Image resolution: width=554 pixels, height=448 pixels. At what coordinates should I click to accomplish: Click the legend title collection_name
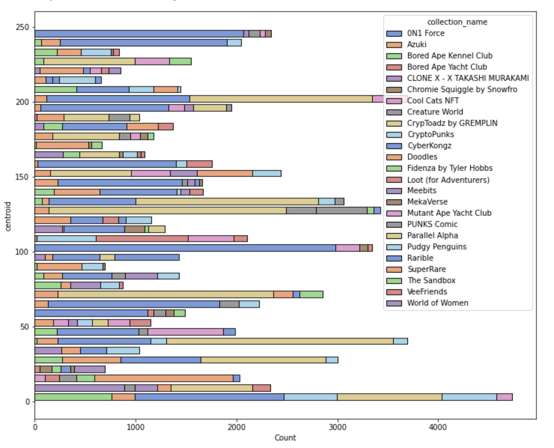pos(457,22)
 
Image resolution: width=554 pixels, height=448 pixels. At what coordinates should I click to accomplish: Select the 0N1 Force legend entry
pos(426,33)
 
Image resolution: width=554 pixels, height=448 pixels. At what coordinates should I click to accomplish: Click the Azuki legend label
pos(417,45)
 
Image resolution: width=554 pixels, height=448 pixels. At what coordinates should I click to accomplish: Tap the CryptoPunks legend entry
pos(430,134)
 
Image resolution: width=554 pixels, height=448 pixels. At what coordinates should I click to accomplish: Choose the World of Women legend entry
pos(437,303)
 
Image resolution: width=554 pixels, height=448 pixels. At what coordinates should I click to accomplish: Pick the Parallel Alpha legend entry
pos(432,236)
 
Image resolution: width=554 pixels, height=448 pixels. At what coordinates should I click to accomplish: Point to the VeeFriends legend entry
pos(427,292)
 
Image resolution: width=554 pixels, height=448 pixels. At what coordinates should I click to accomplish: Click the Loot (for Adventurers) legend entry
pos(448,180)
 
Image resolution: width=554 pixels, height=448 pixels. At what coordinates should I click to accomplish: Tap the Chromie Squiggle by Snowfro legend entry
pos(462,90)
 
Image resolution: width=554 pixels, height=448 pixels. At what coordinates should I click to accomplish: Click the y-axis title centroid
pos(8,217)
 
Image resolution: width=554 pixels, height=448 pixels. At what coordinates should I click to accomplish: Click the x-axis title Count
pos(285,438)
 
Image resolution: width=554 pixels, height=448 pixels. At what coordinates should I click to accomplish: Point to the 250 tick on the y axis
pos(22,27)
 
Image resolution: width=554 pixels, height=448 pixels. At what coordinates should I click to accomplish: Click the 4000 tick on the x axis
pos(438,427)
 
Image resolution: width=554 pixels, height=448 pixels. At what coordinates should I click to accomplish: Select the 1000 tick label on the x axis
pos(136,427)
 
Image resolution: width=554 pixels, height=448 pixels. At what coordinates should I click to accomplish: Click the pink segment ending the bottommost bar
pos(504,397)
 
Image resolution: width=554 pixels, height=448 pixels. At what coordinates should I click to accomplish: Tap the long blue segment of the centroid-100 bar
pos(185,248)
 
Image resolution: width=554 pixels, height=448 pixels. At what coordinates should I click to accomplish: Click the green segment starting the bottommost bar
pos(73,397)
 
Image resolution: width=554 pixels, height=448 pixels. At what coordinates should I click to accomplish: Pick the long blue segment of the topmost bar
pos(139,34)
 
